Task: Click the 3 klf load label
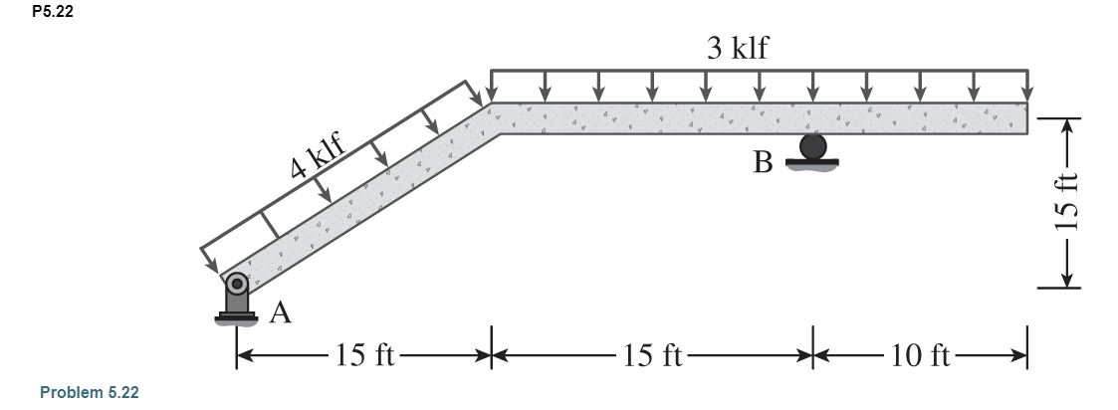(738, 48)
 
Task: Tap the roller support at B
(812, 150)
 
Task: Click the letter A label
(281, 314)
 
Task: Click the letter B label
(763, 162)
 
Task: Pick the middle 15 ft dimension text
(651, 355)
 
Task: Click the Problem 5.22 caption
(89, 393)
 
